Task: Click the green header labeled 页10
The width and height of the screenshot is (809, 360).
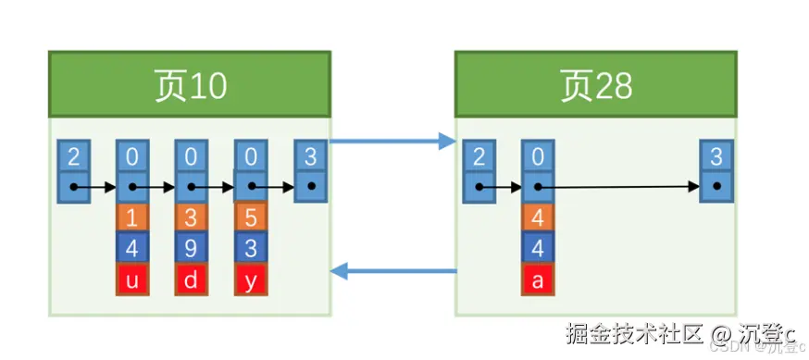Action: click(x=190, y=85)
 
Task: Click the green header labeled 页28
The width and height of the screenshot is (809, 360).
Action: click(x=595, y=85)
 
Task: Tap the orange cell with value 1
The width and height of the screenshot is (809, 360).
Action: click(x=131, y=218)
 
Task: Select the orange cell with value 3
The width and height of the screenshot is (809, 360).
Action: click(x=191, y=218)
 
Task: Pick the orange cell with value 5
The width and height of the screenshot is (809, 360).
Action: click(x=250, y=218)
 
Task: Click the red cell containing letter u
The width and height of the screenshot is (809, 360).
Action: click(x=131, y=279)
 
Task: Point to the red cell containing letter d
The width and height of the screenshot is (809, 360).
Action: click(x=191, y=279)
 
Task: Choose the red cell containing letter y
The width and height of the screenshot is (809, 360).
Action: click(x=250, y=279)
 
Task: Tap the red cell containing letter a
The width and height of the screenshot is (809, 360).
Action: click(x=537, y=279)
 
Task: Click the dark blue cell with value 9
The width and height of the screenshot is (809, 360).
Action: click(x=191, y=249)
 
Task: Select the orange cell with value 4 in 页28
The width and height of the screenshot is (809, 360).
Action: click(x=537, y=218)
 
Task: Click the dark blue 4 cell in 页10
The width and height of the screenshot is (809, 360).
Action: click(x=131, y=249)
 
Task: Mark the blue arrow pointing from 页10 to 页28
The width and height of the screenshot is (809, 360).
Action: click(x=392, y=142)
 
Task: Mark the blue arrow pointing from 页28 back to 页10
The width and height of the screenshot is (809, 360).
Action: click(x=392, y=271)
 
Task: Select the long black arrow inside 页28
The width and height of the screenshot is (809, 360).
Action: click(x=620, y=187)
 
